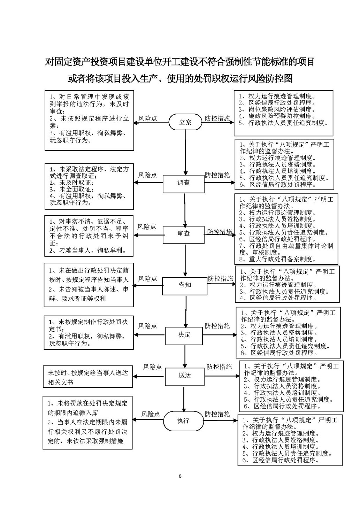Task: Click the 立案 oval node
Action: (x=185, y=122)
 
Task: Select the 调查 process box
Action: (x=184, y=183)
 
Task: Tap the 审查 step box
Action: (x=184, y=234)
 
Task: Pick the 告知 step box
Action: (x=185, y=285)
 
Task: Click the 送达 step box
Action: (x=185, y=376)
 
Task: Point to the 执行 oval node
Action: (x=183, y=421)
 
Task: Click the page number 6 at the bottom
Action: (x=180, y=476)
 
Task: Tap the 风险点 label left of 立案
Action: (x=148, y=118)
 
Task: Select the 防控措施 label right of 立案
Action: (x=217, y=118)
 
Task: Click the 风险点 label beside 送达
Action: (x=153, y=367)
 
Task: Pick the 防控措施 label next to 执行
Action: (x=217, y=414)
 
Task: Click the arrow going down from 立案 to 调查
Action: (x=185, y=153)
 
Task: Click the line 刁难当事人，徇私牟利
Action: (x=87, y=250)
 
